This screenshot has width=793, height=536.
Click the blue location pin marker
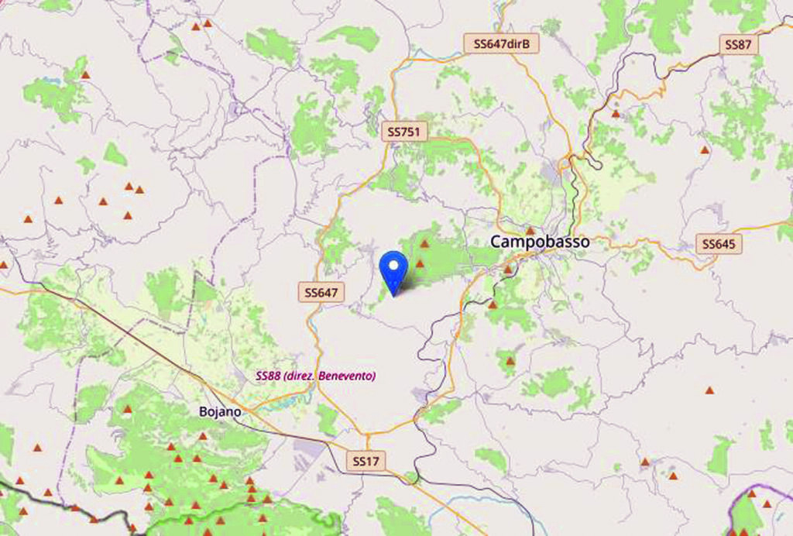coord(395,272)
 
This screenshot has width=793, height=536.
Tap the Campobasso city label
coord(539,242)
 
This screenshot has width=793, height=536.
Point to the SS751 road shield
coord(405,132)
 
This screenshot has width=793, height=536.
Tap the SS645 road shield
coord(719,244)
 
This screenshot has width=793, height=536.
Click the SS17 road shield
coord(366,461)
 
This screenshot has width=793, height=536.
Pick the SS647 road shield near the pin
coord(321,292)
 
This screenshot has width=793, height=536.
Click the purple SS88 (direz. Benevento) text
coord(315,376)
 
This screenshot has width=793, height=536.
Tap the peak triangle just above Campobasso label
coord(530,230)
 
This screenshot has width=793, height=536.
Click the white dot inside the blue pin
coord(395,266)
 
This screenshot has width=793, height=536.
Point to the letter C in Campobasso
coord(495,242)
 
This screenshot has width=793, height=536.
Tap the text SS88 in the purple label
coord(267,376)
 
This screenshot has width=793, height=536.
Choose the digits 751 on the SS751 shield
coord(411,132)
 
